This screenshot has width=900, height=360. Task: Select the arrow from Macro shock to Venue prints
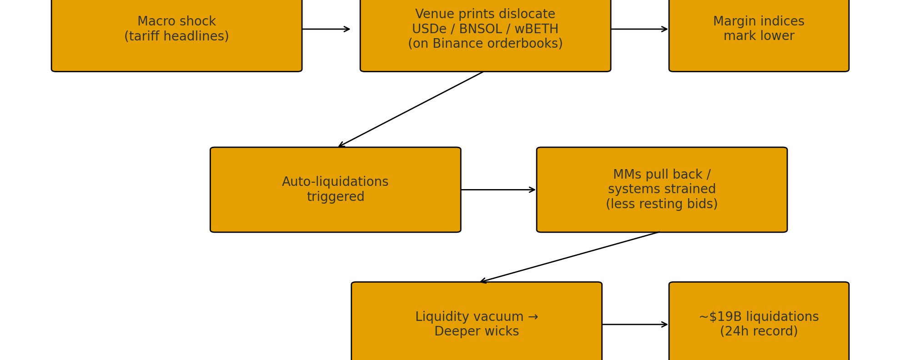point(326,29)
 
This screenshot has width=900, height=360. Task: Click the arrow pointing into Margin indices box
point(639,29)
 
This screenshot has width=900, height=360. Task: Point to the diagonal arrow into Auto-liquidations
point(411,109)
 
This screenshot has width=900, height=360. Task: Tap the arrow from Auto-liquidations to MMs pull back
point(498,190)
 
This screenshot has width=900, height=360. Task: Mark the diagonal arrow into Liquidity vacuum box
point(569,257)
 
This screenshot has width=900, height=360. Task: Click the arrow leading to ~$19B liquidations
point(635,325)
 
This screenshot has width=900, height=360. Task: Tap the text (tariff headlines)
point(176,36)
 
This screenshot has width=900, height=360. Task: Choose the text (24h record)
point(759,331)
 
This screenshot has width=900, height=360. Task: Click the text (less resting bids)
point(662,204)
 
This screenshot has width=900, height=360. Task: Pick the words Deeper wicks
point(476,331)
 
